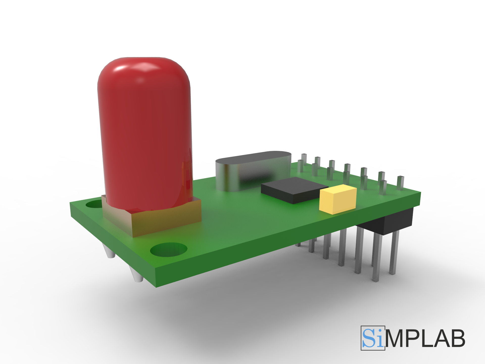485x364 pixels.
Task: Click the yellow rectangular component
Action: [338, 200]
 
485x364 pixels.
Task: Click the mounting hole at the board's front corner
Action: [168, 249]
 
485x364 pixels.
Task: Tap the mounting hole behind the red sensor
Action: [94, 204]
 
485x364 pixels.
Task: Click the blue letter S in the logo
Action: [369, 338]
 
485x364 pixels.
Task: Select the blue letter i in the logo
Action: [380, 339]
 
